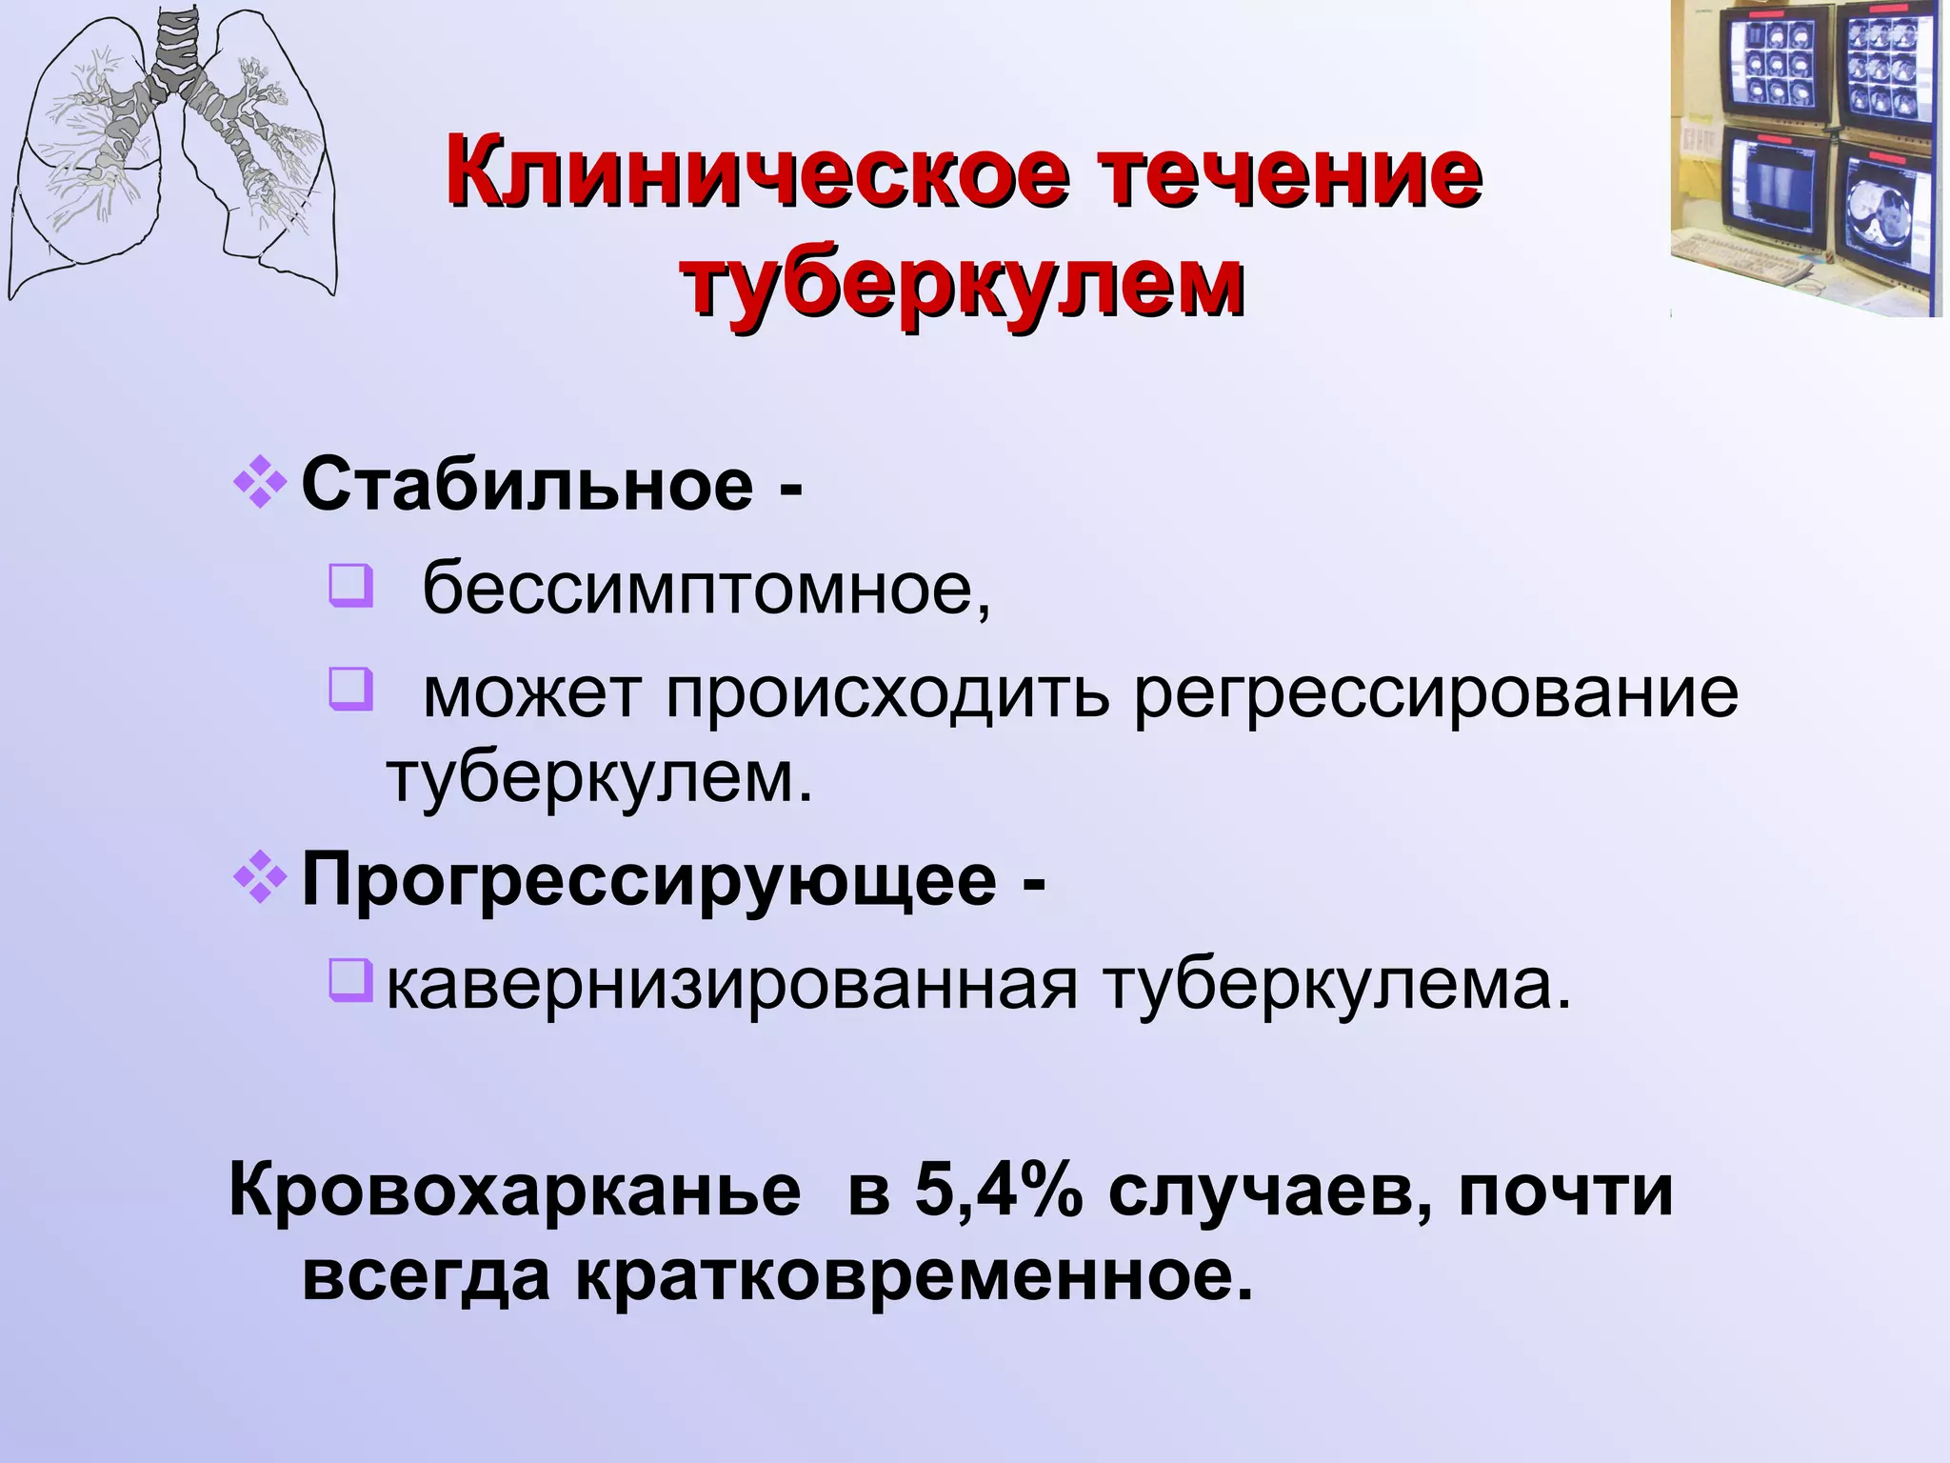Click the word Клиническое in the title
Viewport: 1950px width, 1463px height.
(752, 174)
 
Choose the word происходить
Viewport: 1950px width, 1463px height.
(886, 692)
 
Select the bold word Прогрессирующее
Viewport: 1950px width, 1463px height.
(648, 881)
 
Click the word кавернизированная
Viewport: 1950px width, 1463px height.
(732, 986)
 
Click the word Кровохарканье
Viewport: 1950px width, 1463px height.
(515, 1192)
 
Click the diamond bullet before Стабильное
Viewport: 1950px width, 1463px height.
(260, 485)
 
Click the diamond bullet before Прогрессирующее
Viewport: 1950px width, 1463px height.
(260, 881)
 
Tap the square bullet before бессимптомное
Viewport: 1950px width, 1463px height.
(350, 587)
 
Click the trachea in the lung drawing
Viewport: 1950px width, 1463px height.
(177, 48)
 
